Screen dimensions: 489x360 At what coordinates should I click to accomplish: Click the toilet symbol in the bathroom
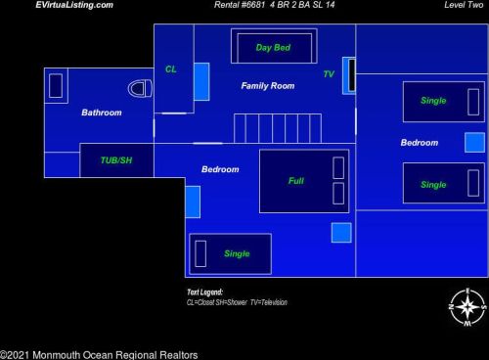tap(140, 88)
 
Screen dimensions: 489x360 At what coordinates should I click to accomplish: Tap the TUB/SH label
tap(116, 160)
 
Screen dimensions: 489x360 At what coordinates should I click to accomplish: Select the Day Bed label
tap(273, 48)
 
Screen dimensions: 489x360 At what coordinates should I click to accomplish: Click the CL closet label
tap(171, 69)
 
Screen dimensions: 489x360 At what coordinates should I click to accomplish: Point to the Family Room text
tap(268, 86)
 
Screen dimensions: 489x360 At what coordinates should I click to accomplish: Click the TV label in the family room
tap(329, 74)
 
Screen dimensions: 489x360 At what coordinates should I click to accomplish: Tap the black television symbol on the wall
tap(352, 75)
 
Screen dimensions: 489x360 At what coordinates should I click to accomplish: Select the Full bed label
tap(296, 181)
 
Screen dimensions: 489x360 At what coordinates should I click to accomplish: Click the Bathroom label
tap(102, 112)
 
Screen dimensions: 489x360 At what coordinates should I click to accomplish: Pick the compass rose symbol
tap(467, 307)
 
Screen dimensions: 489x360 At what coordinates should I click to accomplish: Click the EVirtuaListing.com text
tap(74, 5)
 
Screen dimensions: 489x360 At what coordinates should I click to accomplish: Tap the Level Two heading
tap(464, 5)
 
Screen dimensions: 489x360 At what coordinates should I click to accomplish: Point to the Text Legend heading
tap(204, 292)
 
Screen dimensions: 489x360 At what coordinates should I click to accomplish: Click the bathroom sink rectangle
tap(56, 86)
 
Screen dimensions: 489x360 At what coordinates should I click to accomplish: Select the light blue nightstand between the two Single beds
tap(474, 143)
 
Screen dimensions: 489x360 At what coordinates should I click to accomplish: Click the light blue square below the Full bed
tap(341, 233)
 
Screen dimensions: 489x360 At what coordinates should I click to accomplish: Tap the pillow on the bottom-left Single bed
tap(200, 253)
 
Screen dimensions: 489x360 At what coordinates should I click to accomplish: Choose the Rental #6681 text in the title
tap(240, 5)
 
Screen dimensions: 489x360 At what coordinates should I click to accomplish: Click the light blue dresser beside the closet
tap(201, 81)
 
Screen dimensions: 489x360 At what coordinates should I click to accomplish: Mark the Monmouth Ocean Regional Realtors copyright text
tap(99, 355)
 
